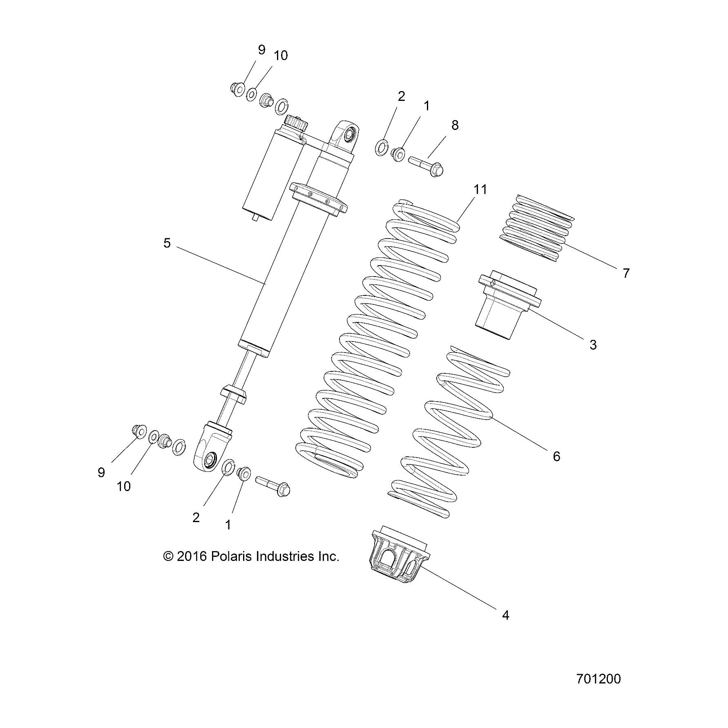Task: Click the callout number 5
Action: click(x=167, y=243)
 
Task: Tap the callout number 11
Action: click(x=480, y=190)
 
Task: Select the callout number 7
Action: click(x=626, y=273)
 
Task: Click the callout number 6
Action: click(x=556, y=456)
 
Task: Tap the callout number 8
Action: click(x=455, y=125)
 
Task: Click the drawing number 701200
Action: click(x=598, y=679)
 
